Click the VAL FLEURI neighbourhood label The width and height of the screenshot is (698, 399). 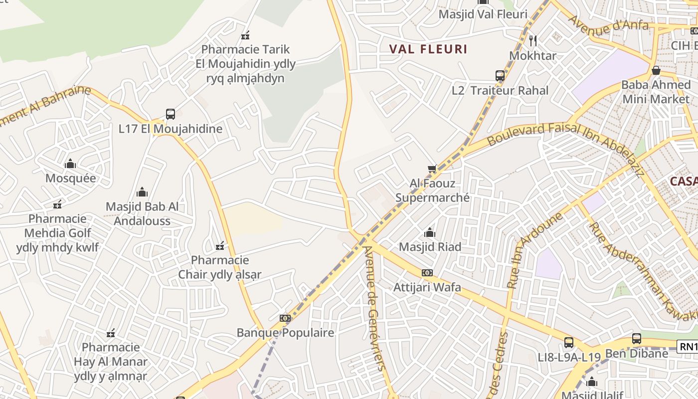pos(428,49)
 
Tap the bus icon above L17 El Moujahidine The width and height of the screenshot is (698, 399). pos(171,114)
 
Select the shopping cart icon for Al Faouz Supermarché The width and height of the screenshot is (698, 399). pos(432,169)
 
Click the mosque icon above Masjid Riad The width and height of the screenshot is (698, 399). pos(429,232)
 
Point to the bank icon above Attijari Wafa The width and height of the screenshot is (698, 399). pos(427,273)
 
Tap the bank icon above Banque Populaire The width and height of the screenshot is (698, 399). pos(285,318)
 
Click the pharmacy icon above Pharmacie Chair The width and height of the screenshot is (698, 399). pos(219,246)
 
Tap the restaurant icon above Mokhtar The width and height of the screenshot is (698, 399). pos(533,41)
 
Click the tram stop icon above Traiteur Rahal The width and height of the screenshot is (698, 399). pos(500,76)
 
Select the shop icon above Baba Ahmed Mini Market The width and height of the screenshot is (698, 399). pos(656,70)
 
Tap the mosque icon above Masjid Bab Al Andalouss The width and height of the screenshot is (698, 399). pos(142,193)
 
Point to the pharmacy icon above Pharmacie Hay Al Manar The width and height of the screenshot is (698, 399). pos(111,333)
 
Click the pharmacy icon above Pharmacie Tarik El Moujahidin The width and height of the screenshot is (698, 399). pos(245,35)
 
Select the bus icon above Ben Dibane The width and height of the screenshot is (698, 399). pos(637,339)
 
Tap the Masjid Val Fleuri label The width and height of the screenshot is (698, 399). pos(483,14)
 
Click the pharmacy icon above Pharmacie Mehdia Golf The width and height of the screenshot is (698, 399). pos(58,204)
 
